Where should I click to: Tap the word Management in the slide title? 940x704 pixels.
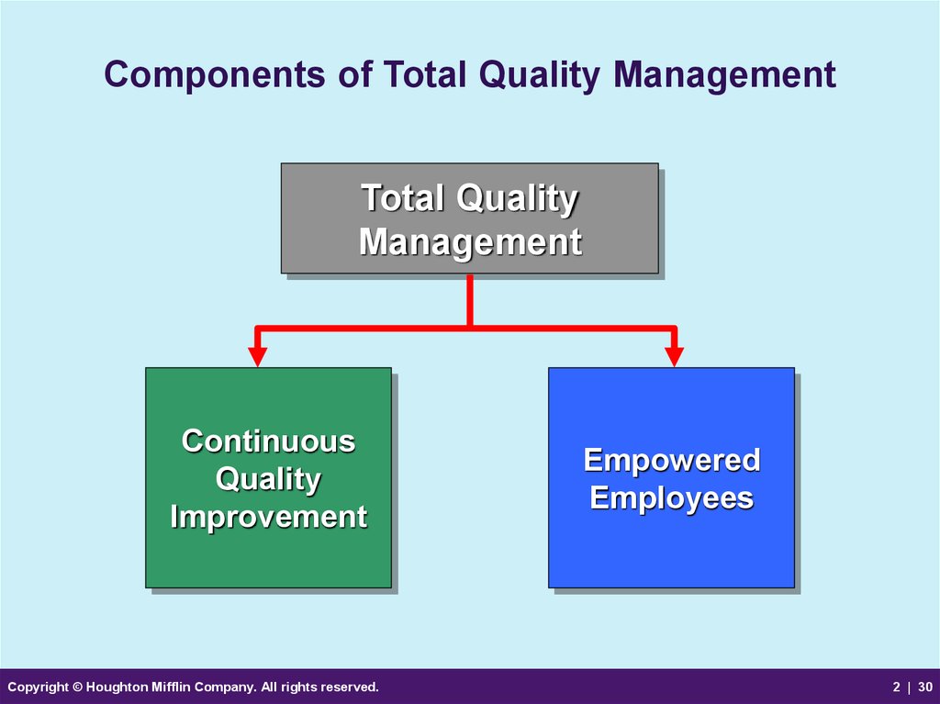[x=724, y=75]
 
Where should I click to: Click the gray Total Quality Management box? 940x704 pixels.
[x=470, y=218]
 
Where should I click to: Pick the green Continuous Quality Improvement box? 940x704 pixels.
[x=269, y=477]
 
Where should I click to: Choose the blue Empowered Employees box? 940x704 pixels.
[x=671, y=477]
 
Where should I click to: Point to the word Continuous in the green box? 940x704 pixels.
[x=269, y=441]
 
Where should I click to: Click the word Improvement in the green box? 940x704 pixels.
[x=269, y=517]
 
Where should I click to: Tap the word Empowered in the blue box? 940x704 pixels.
[x=672, y=461]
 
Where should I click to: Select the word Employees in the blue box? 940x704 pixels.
[x=671, y=499]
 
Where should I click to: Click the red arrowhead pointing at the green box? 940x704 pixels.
[x=257, y=356]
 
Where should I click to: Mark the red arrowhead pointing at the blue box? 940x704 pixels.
[x=675, y=356]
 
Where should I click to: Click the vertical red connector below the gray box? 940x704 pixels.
[x=470, y=300]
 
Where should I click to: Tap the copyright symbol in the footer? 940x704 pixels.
[x=77, y=687]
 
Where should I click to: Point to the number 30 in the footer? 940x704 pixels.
[x=925, y=687]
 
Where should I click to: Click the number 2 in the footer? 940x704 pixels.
[x=896, y=687]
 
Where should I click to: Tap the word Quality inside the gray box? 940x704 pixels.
[x=517, y=199]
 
